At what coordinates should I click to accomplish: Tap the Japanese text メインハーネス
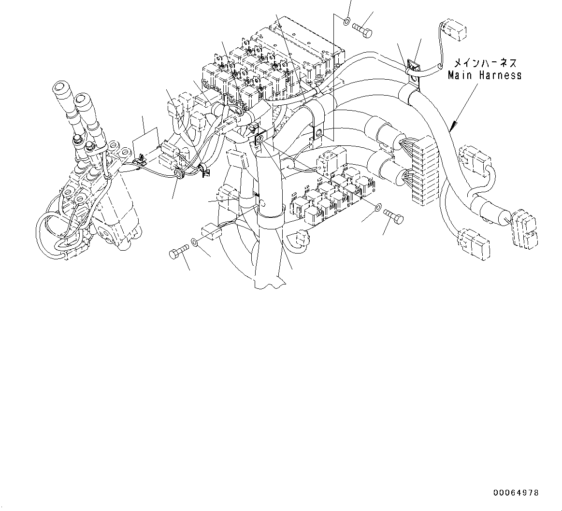point(485,63)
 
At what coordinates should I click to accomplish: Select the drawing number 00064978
point(516,493)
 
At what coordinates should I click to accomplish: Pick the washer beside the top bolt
point(347,21)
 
